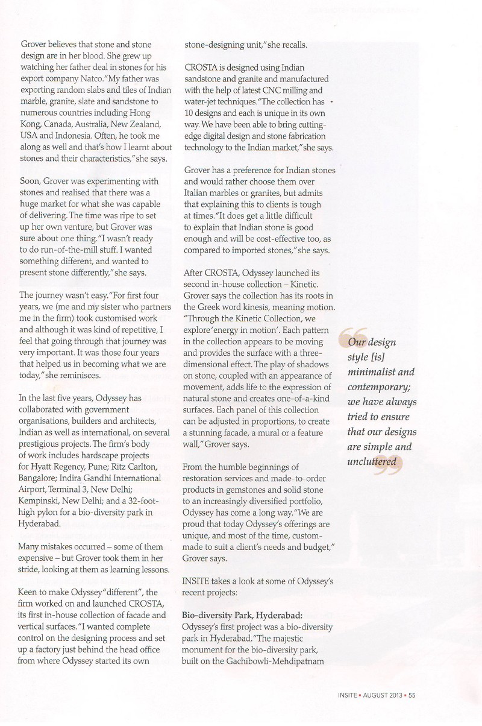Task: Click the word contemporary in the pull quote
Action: (x=377, y=387)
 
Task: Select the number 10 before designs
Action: (x=189, y=113)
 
